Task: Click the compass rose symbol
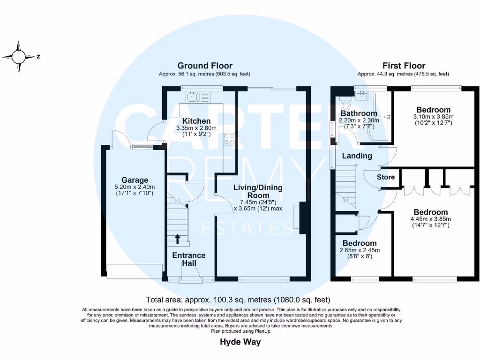point(19,57)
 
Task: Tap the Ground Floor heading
point(204,66)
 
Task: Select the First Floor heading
point(404,66)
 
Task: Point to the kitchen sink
point(194,97)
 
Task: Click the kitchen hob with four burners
point(230,139)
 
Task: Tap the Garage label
point(135,180)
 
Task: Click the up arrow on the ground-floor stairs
point(178,240)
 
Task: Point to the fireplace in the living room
point(300,217)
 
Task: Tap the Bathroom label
point(359,113)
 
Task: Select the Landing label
point(357,156)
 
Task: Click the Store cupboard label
point(386,177)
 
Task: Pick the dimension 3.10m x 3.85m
point(433,117)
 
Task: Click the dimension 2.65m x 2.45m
point(359,250)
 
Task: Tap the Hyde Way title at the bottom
point(240,342)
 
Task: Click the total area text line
point(238,300)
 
